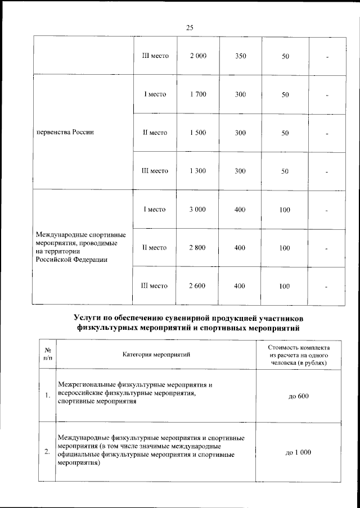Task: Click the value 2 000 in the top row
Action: click(x=198, y=57)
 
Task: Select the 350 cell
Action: click(x=240, y=57)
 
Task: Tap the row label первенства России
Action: click(x=64, y=133)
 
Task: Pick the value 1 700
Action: click(x=198, y=94)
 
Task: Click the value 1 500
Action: click(x=198, y=133)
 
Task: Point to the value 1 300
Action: click(x=198, y=170)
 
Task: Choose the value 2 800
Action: click(x=198, y=247)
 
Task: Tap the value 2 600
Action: click(x=198, y=285)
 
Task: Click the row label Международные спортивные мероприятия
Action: click(x=80, y=247)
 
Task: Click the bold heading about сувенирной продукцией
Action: click(x=189, y=320)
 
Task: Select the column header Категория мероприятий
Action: click(x=156, y=354)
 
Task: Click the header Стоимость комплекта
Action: click(x=299, y=354)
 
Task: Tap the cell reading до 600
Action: click(x=299, y=396)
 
